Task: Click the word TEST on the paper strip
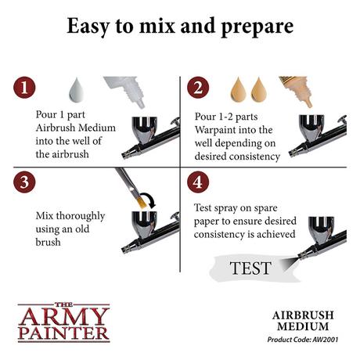pos(250,268)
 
